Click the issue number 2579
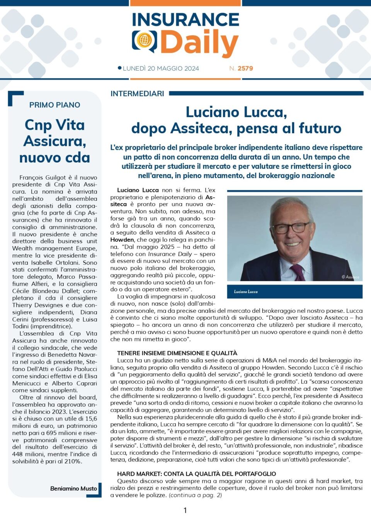245,68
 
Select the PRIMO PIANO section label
55,105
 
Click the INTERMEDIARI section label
137,93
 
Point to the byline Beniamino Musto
73,488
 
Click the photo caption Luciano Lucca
246,292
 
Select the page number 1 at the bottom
185,510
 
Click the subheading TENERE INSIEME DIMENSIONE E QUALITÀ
177,353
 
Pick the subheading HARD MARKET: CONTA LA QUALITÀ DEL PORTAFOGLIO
196,474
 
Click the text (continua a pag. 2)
195,495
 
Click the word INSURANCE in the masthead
185,20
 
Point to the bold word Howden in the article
122,240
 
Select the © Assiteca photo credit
350,277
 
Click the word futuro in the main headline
320,128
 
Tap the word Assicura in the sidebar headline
54,141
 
